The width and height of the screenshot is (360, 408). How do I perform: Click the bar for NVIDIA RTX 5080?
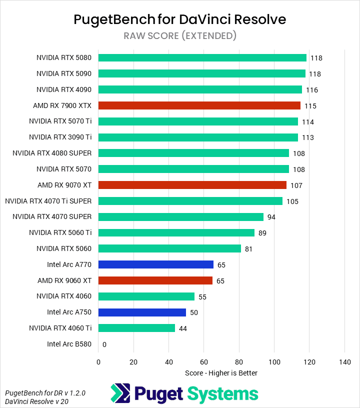click(202, 57)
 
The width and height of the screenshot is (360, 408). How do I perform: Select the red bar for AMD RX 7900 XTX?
click(199, 105)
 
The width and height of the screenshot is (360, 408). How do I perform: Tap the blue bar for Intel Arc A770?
click(155, 264)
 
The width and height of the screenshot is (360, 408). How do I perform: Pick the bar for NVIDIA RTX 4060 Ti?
click(136, 328)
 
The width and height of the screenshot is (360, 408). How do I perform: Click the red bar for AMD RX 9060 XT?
click(155, 280)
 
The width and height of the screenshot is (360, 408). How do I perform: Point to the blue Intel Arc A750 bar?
click(142, 312)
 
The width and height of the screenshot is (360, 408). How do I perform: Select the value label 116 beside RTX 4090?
click(312, 90)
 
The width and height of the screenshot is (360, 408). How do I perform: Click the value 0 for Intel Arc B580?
click(104, 344)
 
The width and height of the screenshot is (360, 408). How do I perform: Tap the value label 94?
click(271, 217)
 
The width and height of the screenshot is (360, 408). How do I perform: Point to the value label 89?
click(262, 233)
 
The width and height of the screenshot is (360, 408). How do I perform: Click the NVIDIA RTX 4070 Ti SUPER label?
click(48, 201)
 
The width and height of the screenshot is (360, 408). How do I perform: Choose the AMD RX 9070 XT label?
click(64, 185)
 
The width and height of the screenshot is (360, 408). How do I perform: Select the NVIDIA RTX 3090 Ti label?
click(60, 137)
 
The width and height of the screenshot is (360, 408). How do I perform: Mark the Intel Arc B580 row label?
click(69, 344)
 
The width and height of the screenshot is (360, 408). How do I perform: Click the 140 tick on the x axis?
click(344, 362)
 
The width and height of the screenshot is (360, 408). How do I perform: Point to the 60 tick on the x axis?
click(203, 362)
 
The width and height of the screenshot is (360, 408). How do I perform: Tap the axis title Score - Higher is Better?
click(221, 373)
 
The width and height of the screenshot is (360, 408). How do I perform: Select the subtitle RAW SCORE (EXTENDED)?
click(180, 35)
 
